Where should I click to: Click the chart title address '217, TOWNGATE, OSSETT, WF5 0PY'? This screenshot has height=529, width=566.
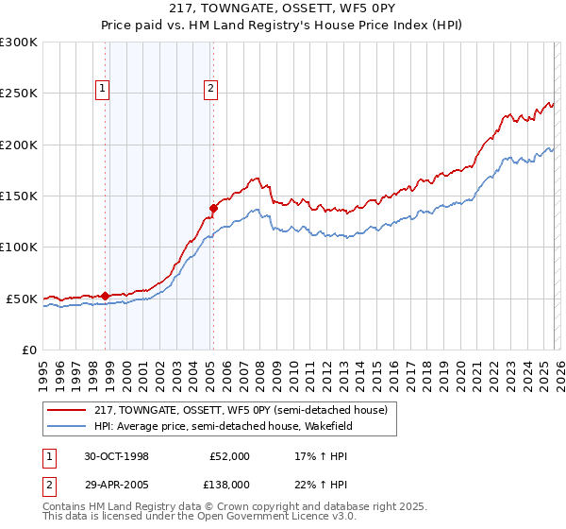click(282, 9)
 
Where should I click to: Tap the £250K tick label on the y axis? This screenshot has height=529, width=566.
click(19, 94)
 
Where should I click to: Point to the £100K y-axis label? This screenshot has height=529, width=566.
click(19, 247)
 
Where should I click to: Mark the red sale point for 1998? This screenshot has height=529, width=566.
click(106, 296)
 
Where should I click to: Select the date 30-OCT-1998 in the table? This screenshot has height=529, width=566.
click(117, 456)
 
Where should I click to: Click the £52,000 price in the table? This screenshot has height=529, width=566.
click(229, 456)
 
